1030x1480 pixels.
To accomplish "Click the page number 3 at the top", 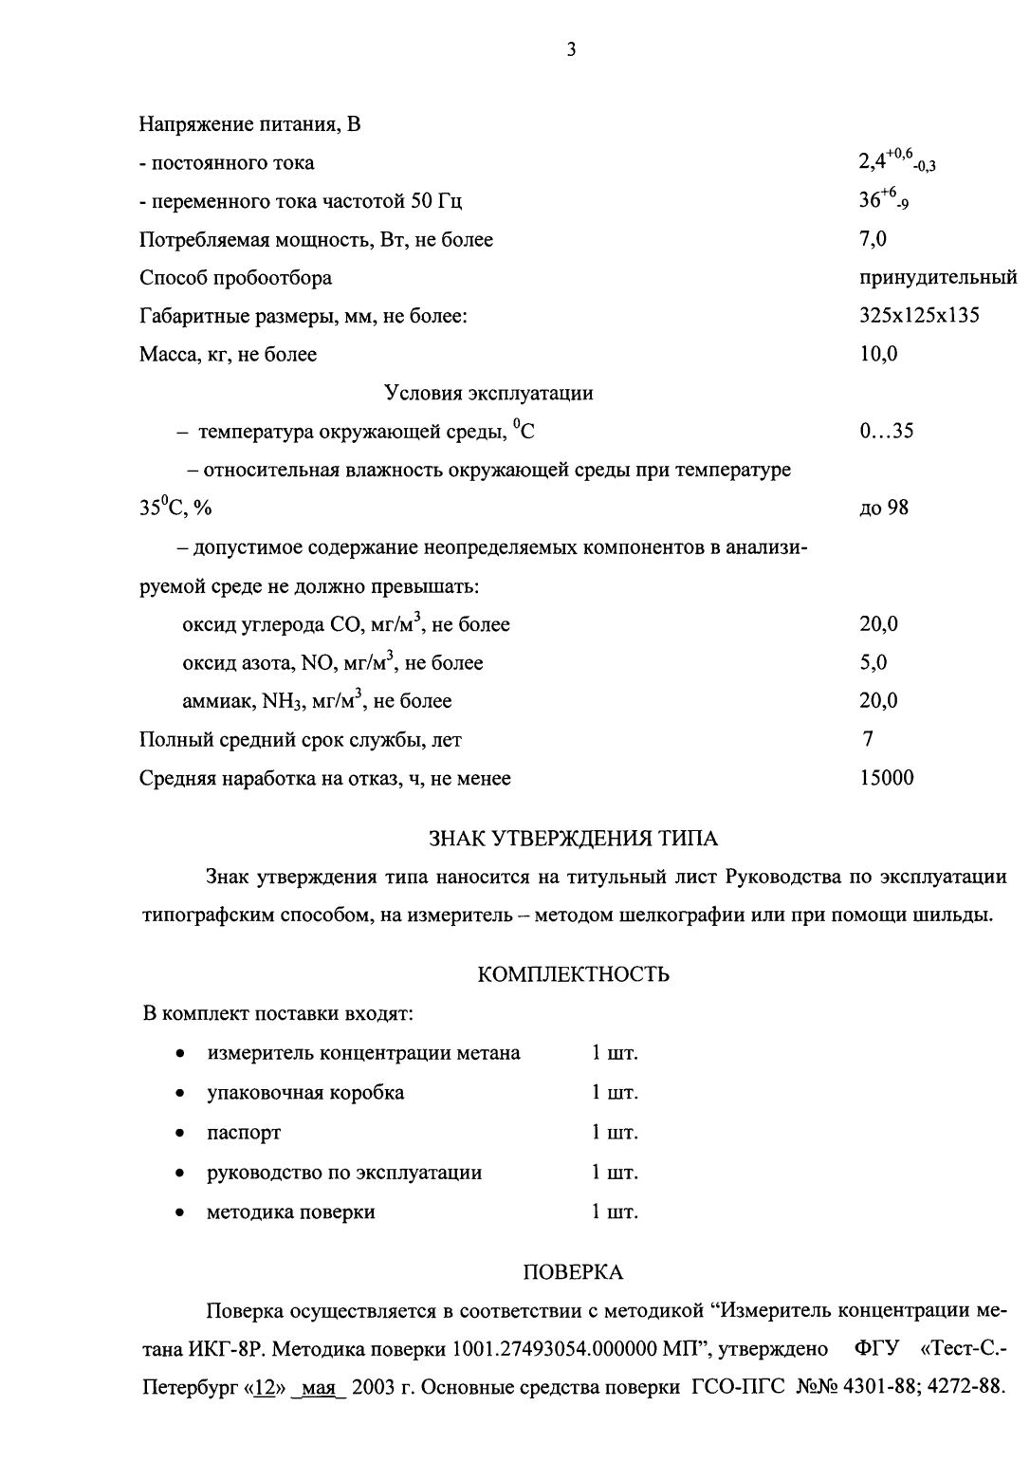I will (571, 50).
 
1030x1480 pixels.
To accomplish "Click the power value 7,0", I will (874, 239).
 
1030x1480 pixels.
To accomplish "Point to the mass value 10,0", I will (878, 355).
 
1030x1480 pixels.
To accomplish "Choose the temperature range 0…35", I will (886, 432).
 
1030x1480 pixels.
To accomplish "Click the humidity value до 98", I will (884, 509).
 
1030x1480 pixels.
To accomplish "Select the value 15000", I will (887, 779).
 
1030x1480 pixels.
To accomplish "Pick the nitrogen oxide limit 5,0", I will (874, 663).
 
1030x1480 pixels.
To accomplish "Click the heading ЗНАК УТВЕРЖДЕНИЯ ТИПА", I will (574, 839).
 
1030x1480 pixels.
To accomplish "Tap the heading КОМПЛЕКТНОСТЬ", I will (574, 974).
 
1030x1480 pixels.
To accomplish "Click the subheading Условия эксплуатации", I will (488, 393).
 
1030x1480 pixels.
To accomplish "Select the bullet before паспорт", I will (179, 1134).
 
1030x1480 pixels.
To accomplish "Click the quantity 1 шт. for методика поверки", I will (615, 1212).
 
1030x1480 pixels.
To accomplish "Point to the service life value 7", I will (868, 739).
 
